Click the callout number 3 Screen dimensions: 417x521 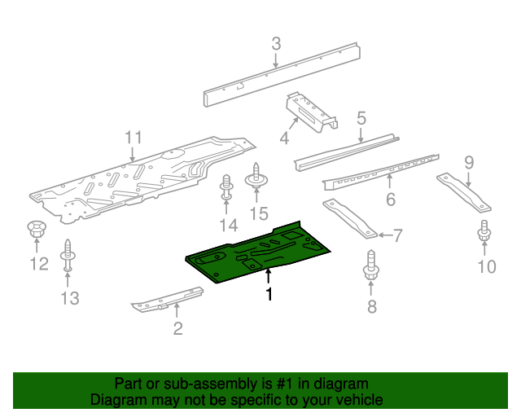tap(276, 43)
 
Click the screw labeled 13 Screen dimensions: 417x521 tap(68, 257)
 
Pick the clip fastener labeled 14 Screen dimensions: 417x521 tap(226, 189)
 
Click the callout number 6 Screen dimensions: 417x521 tap(390, 200)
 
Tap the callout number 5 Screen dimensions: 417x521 tap(361, 119)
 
